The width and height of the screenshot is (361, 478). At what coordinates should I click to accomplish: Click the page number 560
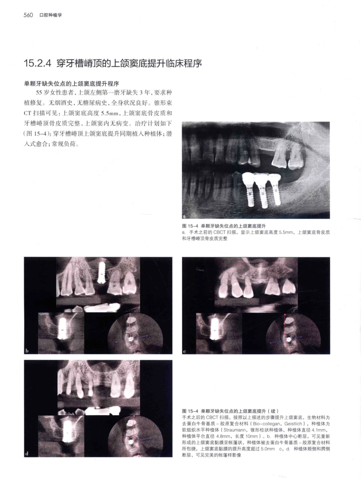click(x=28, y=15)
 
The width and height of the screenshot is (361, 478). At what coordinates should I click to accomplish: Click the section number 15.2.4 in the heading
click(x=37, y=64)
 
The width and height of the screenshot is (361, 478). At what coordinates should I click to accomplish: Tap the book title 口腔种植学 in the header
click(x=51, y=15)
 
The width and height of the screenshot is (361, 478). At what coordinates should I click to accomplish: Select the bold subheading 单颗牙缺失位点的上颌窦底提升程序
click(x=71, y=84)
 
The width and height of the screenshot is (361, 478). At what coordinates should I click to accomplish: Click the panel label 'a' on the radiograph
click(x=184, y=216)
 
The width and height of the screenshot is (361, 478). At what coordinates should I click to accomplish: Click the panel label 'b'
click(x=27, y=351)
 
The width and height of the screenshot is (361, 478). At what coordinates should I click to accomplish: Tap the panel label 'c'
click(x=185, y=351)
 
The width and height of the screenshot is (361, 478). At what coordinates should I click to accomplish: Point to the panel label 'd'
click(x=27, y=454)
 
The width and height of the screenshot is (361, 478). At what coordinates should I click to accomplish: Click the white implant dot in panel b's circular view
click(x=131, y=339)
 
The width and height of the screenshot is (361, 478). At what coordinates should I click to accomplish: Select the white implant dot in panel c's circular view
click(x=289, y=339)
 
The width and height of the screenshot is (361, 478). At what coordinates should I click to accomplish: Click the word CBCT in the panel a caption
click(x=219, y=232)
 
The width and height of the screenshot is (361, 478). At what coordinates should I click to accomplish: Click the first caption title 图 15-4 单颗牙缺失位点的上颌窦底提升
click(x=224, y=226)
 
